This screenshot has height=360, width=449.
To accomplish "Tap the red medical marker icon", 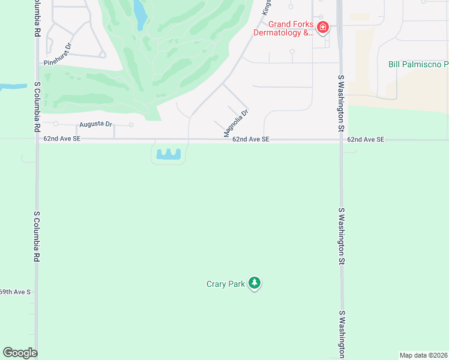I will click(x=323, y=27).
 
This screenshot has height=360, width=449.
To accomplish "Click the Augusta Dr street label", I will click(x=95, y=125).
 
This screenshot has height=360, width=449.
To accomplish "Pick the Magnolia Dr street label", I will click(x=237, y=124).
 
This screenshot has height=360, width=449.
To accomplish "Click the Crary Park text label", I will click(x=226, y=284).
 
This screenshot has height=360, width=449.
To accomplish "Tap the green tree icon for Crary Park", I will click(x=255, y=283).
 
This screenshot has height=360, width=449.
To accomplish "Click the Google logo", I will click(x=20, y=353).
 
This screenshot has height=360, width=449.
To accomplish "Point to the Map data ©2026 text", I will click(x=423, y=355).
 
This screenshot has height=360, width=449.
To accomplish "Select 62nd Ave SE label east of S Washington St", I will click(x=365, y=139).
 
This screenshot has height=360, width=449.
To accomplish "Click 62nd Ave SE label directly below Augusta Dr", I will click(x=61, y=139).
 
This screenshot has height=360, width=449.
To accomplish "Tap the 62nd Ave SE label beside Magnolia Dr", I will click(x=251, y=139).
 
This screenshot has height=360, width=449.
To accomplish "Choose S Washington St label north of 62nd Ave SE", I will click(x=340, y=103).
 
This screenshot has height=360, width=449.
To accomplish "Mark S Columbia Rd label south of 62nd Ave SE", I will click(x=37, y=236).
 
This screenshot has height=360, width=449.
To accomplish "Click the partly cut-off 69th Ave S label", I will click(x=14, y=292).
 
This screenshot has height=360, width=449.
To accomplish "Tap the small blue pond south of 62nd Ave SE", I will click(x=169, y=155).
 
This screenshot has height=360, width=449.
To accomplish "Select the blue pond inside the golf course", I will click(x=140, y=14).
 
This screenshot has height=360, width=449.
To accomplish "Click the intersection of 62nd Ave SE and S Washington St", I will click(x=340, y=140).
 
